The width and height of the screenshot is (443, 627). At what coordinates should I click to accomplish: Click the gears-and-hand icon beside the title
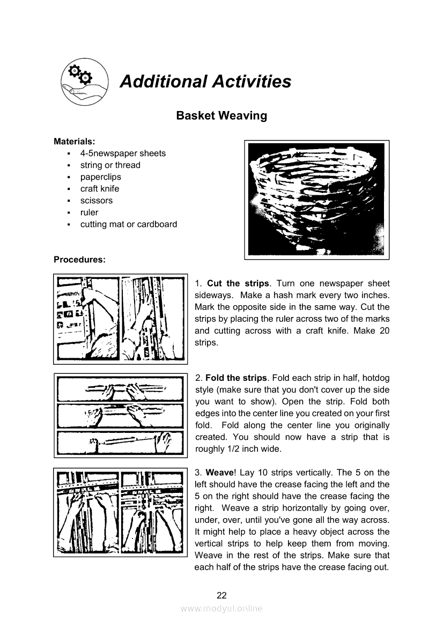(x=84, y=81)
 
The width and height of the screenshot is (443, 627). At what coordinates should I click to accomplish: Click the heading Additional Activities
(x=205, y=82)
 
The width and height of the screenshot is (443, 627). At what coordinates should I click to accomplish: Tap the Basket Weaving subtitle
(x=222, y=115)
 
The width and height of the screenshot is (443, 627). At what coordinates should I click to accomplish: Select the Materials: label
(x=75, y=142)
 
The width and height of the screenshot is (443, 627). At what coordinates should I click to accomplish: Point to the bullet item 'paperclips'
(x=101, y=177)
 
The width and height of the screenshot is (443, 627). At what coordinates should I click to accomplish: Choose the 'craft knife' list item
(x=100, y=189)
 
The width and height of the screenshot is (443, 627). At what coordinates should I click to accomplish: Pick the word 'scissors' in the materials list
(x=97, y=201)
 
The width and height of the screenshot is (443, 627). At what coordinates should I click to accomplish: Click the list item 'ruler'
(x=90, y=212)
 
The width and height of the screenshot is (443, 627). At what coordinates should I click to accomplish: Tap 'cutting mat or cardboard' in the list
(x=129, y=224)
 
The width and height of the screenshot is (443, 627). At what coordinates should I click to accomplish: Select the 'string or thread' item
(x=110, y=165)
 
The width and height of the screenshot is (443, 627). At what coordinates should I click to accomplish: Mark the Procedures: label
(x=79, y=260)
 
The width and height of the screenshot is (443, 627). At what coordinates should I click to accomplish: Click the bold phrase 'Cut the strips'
(x=238, y=284)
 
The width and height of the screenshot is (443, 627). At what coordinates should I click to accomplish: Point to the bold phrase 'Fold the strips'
(x=236, y=378)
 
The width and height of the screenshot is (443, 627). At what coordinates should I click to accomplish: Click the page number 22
(x=222, y=595)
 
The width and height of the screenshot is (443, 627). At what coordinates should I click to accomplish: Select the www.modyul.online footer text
(x=222, y=608)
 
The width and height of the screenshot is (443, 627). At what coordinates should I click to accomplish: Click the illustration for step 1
(x=120, y=319)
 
